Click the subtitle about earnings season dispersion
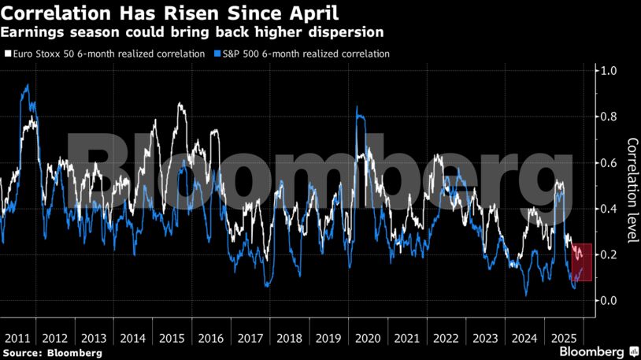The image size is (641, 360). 193,33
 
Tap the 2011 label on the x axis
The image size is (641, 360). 17,338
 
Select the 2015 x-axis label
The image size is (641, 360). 172,338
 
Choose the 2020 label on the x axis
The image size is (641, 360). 367,338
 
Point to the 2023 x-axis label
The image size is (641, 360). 484,338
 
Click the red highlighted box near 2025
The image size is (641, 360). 581,262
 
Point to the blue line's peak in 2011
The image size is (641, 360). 28,85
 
